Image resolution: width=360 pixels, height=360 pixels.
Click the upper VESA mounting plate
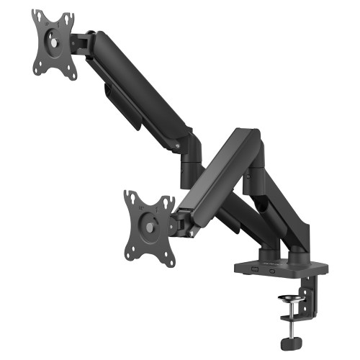click(x=54, y=45)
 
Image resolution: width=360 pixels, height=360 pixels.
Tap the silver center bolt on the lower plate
click(x=148, y=228)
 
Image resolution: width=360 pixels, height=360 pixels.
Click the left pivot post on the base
click(x=267, y=252)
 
